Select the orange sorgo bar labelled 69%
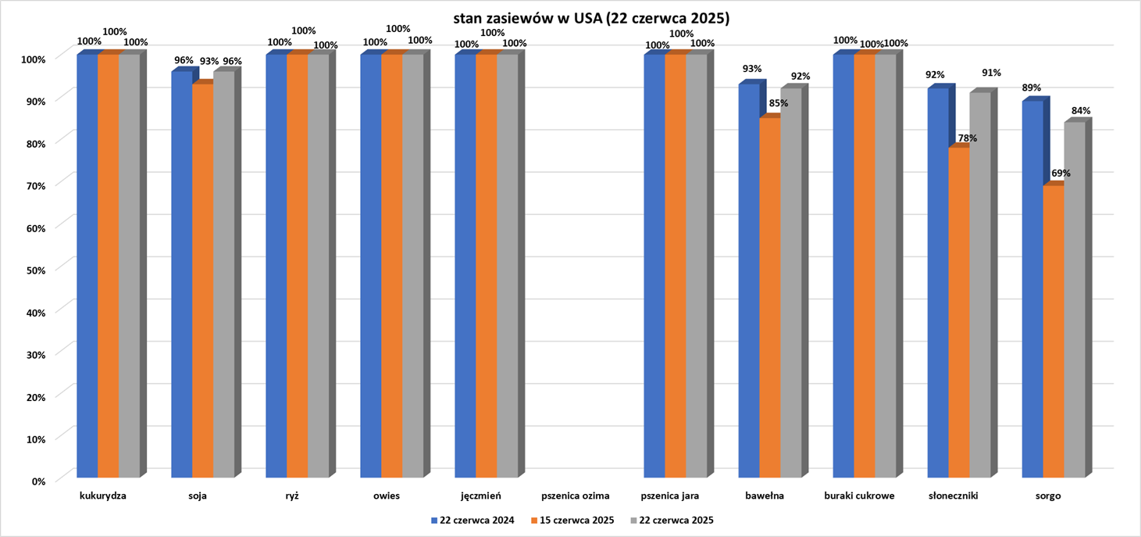[1054, 331]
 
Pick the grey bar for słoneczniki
[980, 285]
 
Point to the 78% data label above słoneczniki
[967, 138]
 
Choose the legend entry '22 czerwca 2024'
[472, 521]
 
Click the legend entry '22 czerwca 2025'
[672, 521]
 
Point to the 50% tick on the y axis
[34, 269]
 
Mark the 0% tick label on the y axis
[37, 481]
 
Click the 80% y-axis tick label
[34, 142]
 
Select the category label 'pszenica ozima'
[575, 496]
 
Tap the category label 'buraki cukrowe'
[859, 496]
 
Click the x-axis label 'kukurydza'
[103, 496]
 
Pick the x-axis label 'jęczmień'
[481, 496]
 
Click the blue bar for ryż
[276, 266]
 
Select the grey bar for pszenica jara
[696, 266]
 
